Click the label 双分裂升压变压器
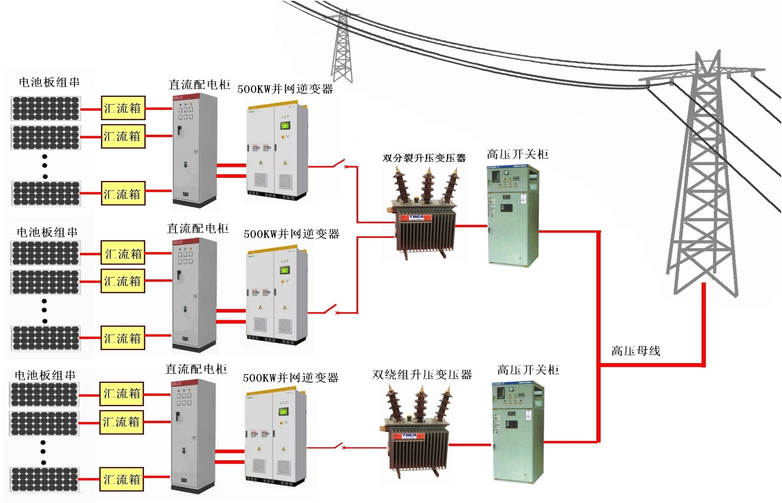pos(424,158)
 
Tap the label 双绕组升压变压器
pos(422,375)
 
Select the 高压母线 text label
pos(636,351)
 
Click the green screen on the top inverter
pos(285,126)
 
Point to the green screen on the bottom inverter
pos(283,411)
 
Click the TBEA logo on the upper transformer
pos(416,217)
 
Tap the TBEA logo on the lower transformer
pos(409,436)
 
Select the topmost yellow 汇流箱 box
pos(123,108)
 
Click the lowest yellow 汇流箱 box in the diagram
pos(122,479)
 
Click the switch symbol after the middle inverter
pos(331,309)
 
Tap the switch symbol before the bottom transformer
pos(339,446)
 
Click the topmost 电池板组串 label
pos(49,82)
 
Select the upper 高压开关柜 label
pos(517,154)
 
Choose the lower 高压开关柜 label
pos(528,370)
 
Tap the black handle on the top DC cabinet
pos(179,131)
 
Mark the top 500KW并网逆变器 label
pos(285,89)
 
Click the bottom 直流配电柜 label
pos(196,369)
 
